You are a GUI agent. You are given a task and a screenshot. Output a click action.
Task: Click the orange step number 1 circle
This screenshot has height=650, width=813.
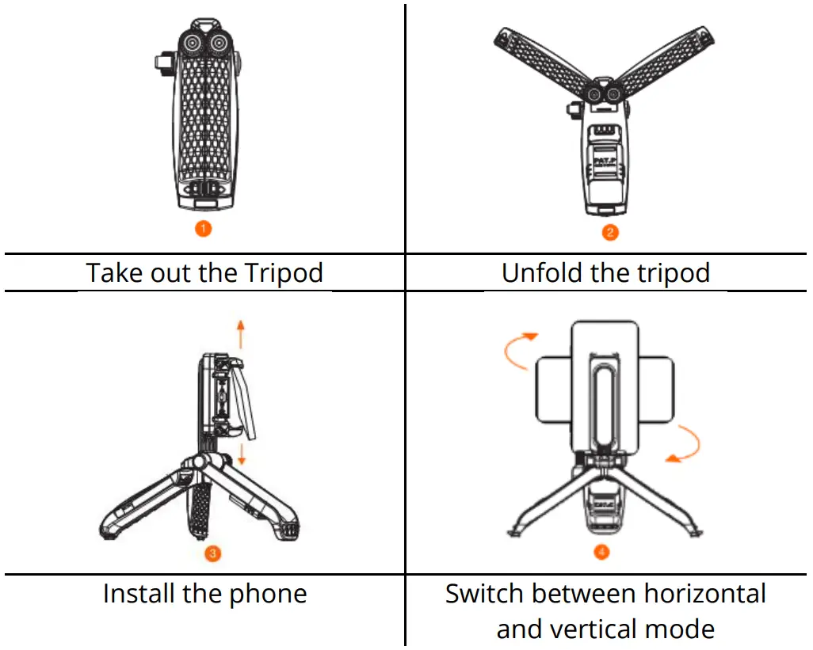[204, 229]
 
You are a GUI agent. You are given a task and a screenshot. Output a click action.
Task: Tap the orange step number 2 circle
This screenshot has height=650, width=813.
[610, 232]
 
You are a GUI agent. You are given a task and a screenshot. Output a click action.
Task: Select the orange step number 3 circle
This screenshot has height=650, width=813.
[212, 552]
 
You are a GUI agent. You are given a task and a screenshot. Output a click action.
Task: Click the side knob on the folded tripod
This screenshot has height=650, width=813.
[162, 62]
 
